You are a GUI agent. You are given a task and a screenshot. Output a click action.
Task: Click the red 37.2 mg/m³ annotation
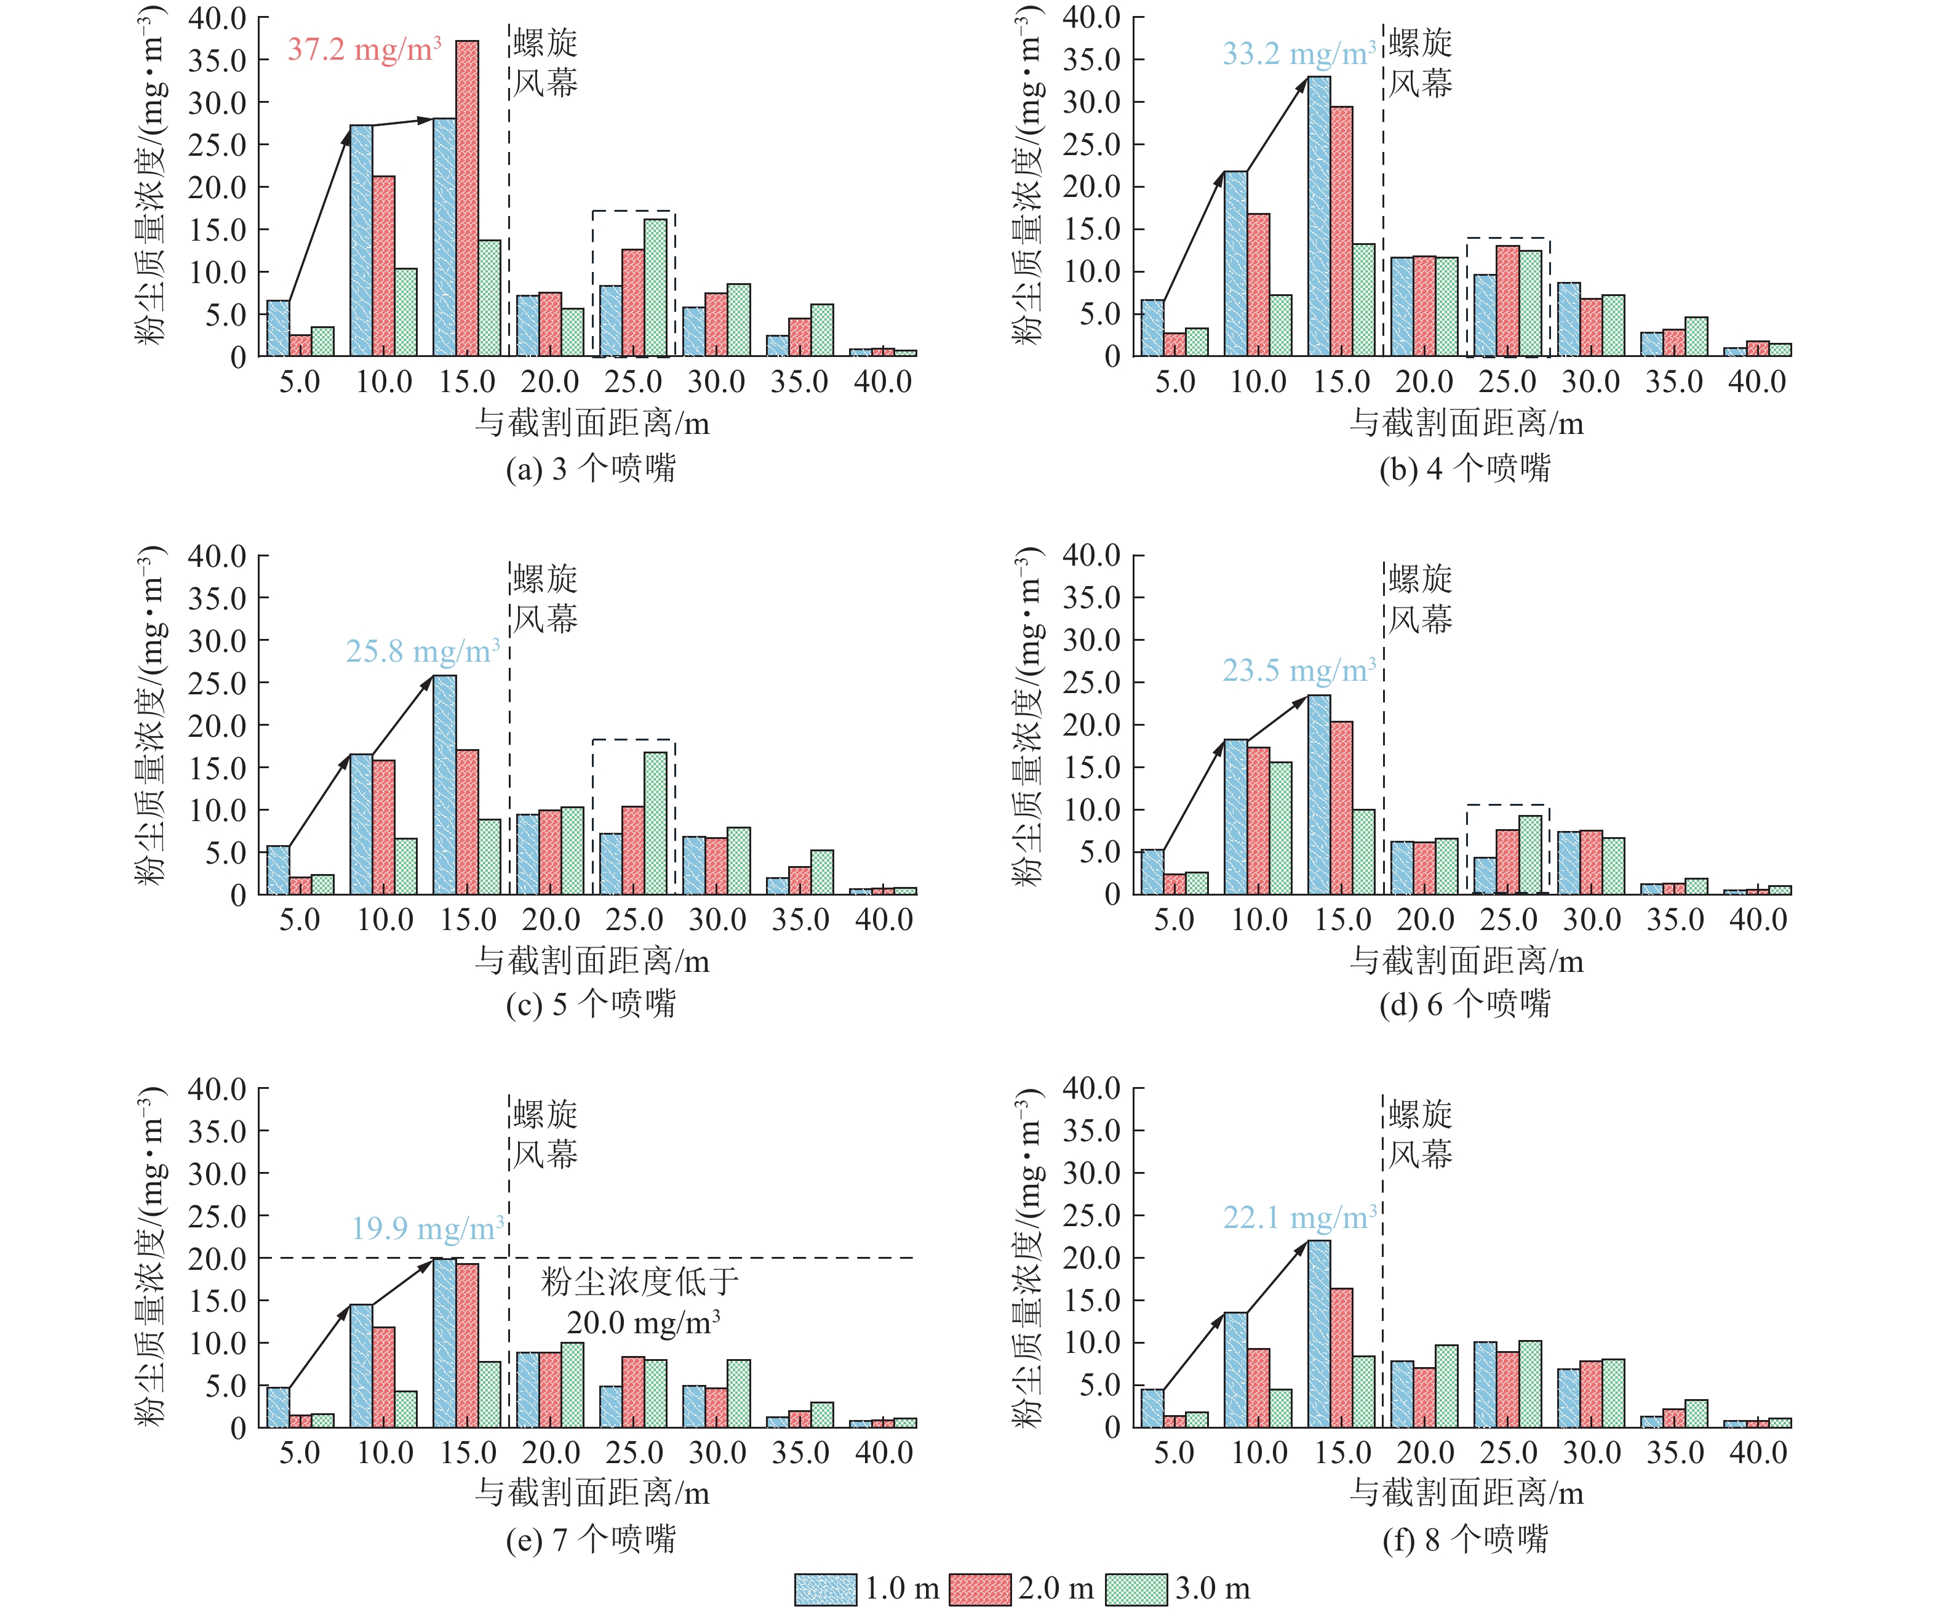click(364, 49)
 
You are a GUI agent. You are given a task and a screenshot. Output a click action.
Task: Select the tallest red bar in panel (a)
click(467, 198)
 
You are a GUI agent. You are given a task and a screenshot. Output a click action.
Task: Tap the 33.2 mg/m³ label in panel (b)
click(1298, 54)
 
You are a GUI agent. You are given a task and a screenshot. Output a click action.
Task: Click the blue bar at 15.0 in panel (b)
click(1319, 216)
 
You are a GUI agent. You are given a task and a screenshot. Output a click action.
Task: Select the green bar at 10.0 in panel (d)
click(1280, 827)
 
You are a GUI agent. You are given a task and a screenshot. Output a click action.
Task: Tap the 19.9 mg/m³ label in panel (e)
click(427, 1228)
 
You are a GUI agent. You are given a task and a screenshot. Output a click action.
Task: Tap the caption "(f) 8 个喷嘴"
click(1465, 1539)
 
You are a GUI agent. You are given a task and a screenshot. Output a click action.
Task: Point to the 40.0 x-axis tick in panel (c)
click(884, 920)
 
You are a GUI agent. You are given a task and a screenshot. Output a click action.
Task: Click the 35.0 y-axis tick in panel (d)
click(1091, 597)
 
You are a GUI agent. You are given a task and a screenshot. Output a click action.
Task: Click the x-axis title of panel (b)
click(1467, 423)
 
